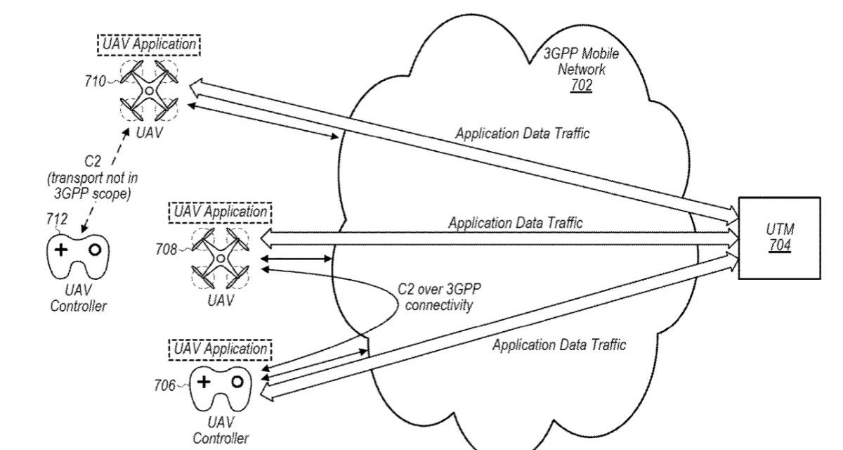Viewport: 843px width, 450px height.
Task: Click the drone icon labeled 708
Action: (221, 259)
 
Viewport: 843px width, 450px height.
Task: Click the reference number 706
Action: (166, 385)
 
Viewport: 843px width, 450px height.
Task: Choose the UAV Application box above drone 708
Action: (221, 211)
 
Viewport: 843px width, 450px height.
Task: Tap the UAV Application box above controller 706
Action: (221, 348)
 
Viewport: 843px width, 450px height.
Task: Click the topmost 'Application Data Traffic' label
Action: (522, 133)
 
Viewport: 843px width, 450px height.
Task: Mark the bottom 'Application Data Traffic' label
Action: (558, 345)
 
